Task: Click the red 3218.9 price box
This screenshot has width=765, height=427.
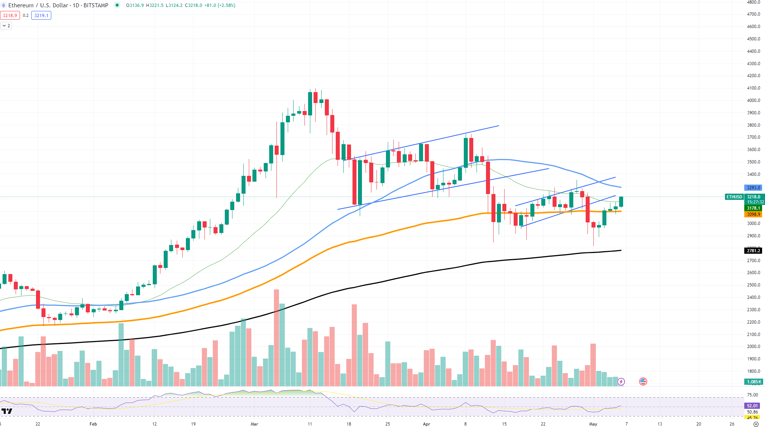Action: (x=10, y=15)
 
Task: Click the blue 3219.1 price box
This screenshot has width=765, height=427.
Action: (x=41, y=15)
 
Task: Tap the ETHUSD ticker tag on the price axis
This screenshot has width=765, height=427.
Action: (x=734, y=197)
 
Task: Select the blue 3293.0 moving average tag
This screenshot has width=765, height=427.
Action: (x=753, y=188)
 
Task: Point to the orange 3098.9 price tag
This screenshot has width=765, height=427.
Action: (x=753, y=214)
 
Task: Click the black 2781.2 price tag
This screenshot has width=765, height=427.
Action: (x=753, y=250)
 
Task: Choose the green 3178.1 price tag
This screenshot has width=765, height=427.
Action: (x=753, y=208)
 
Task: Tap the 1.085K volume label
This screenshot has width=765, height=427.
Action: (x=754, y=382)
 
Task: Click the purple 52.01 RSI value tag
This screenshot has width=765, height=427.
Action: (x=752, y=406)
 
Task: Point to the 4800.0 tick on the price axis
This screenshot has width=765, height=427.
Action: (x=753, y=2)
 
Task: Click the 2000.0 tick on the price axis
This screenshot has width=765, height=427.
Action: (x=753, y=347)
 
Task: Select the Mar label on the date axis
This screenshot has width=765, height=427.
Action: (x=254, y=424)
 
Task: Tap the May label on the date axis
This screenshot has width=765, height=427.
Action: (x=593, y=424)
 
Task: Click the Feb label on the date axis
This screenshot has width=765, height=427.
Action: (x=93, y=424)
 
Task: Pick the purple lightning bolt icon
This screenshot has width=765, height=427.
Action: (x=621, y=381)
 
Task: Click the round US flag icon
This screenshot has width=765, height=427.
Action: (x=643, y=381)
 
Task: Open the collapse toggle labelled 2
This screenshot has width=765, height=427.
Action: (x=6, y=26)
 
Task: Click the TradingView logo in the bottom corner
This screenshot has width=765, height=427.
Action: (x=7, y=411)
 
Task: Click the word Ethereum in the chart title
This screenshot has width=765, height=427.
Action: (x=21, y=5)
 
